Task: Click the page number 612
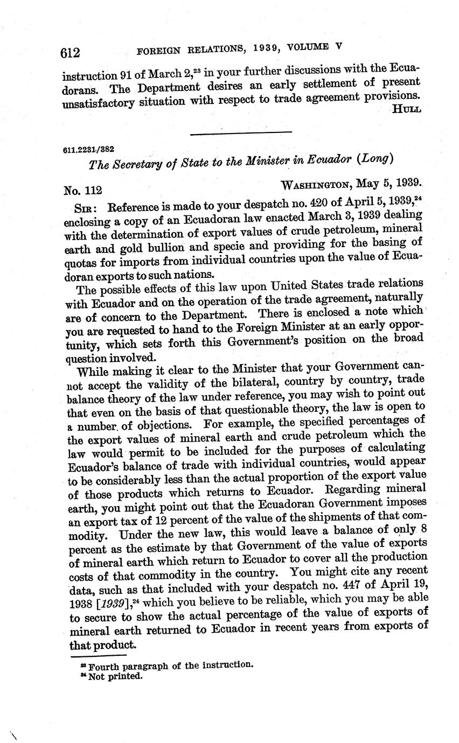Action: (71, 52)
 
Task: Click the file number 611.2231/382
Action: (88, 150)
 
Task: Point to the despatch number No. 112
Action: (82, 190)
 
